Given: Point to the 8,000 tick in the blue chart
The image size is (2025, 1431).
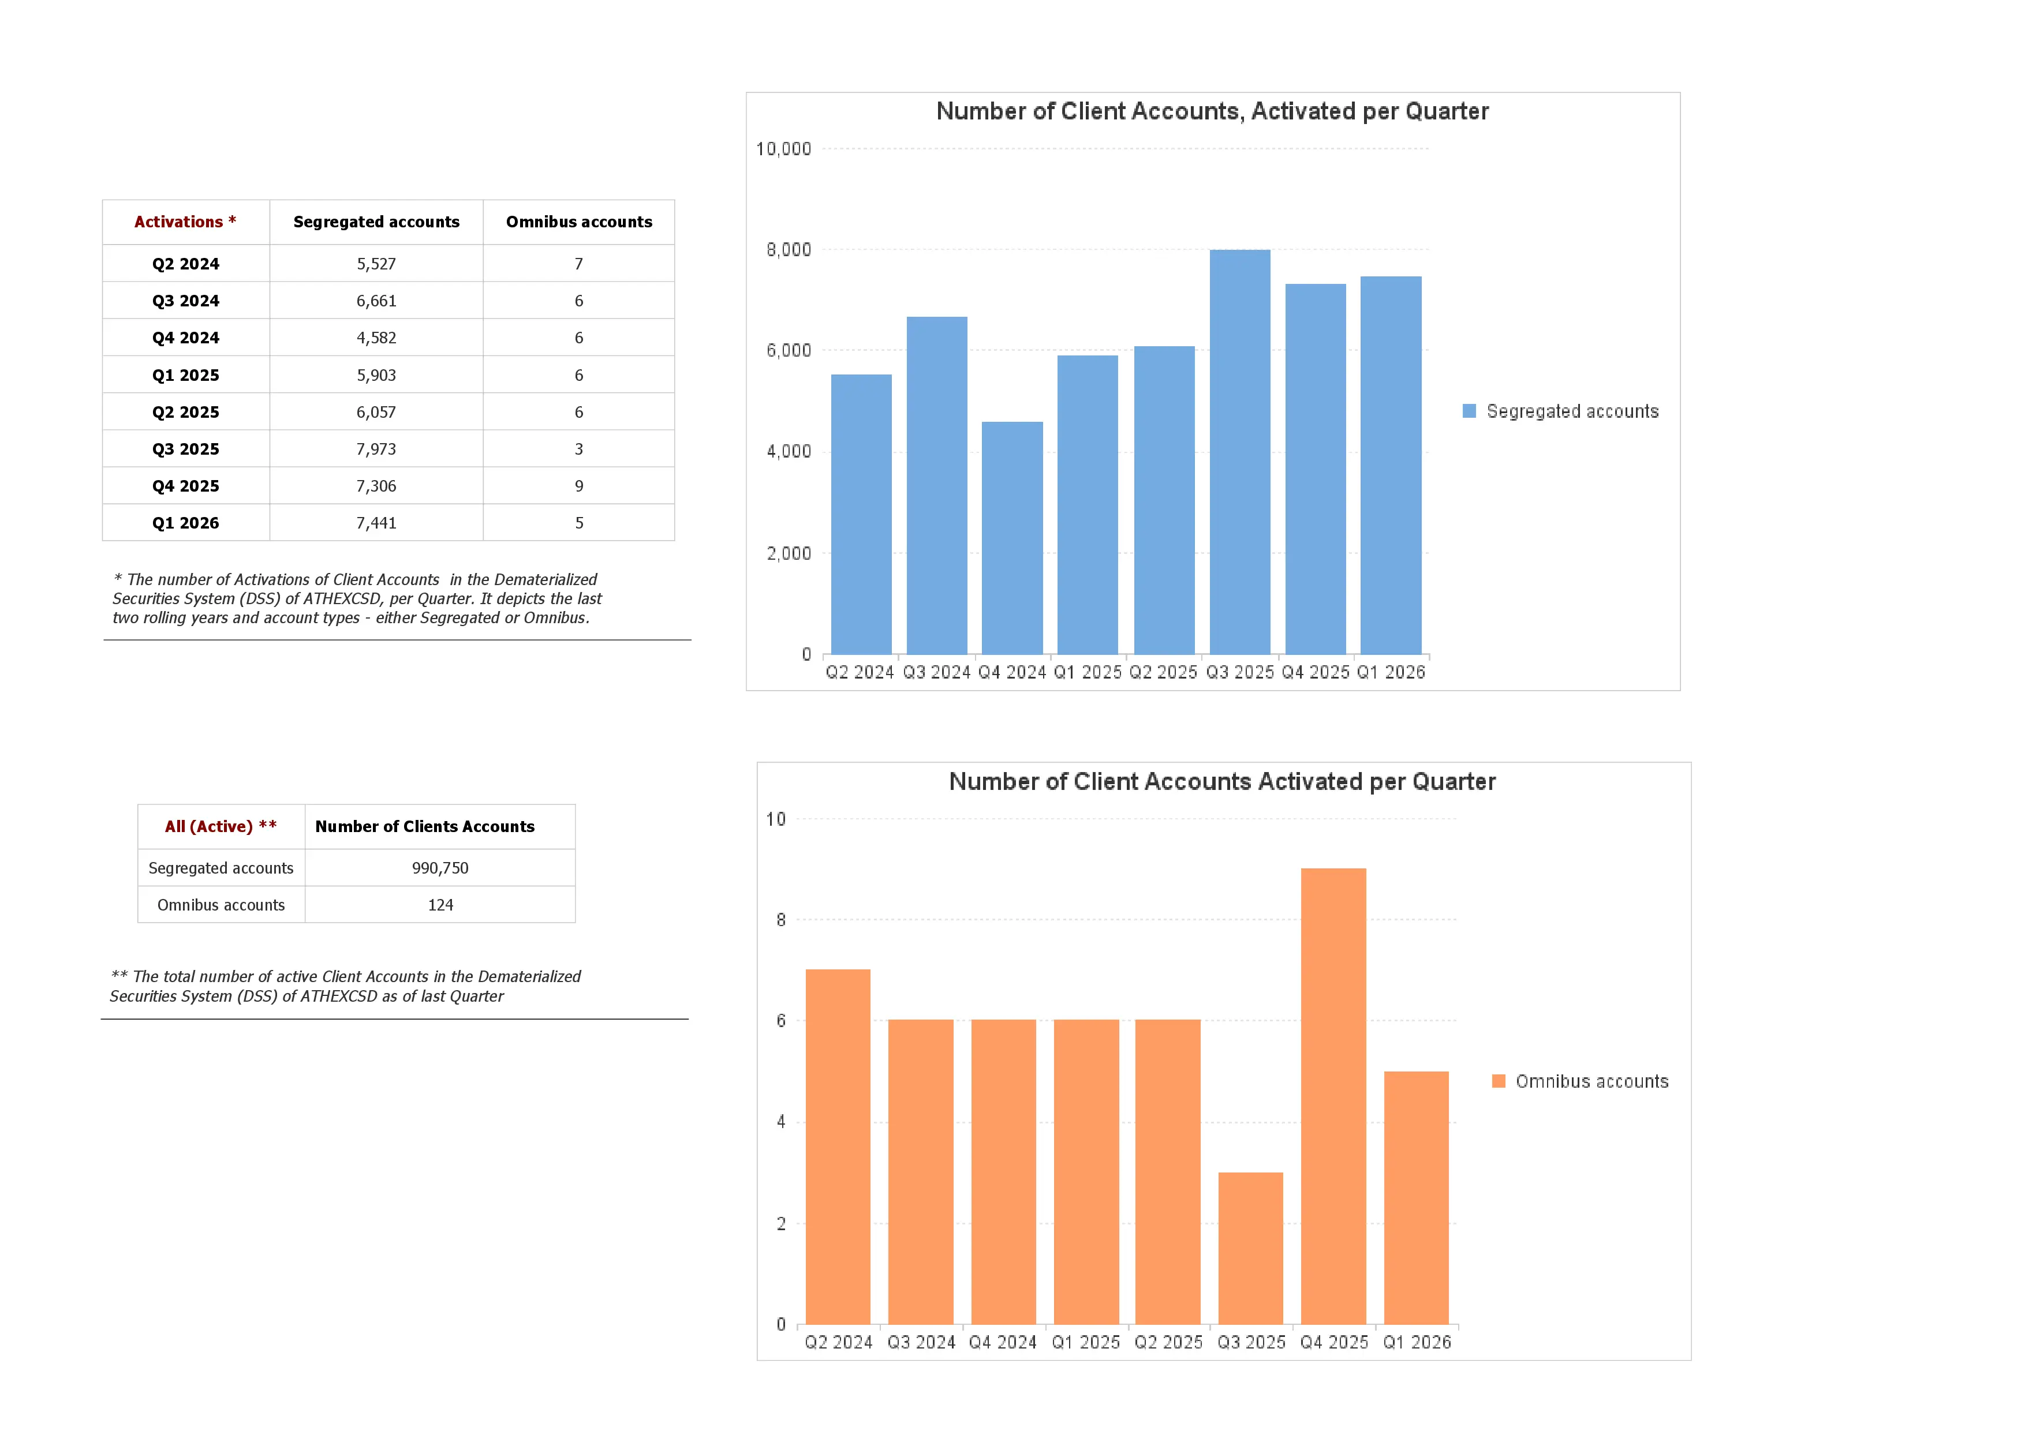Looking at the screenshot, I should tap(787, 249).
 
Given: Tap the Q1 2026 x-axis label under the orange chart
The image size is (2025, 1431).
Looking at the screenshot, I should tap(1417, 1342).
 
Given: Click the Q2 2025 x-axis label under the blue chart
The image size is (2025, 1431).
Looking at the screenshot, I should tap(1163, 672).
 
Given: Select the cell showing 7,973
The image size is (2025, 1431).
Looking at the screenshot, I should tap(376, 449).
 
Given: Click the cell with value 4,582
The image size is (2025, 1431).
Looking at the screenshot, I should tap(376, 338).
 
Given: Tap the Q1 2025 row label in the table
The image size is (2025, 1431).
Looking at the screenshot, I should tap(185, 374).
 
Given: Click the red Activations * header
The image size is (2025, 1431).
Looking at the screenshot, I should tap(185, 222).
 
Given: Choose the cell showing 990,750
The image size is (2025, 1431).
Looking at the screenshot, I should tap(440, 868).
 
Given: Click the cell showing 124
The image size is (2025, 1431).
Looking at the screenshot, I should tap(440, 905).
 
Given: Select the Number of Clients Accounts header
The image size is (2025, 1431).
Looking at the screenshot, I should tap(424, 826).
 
